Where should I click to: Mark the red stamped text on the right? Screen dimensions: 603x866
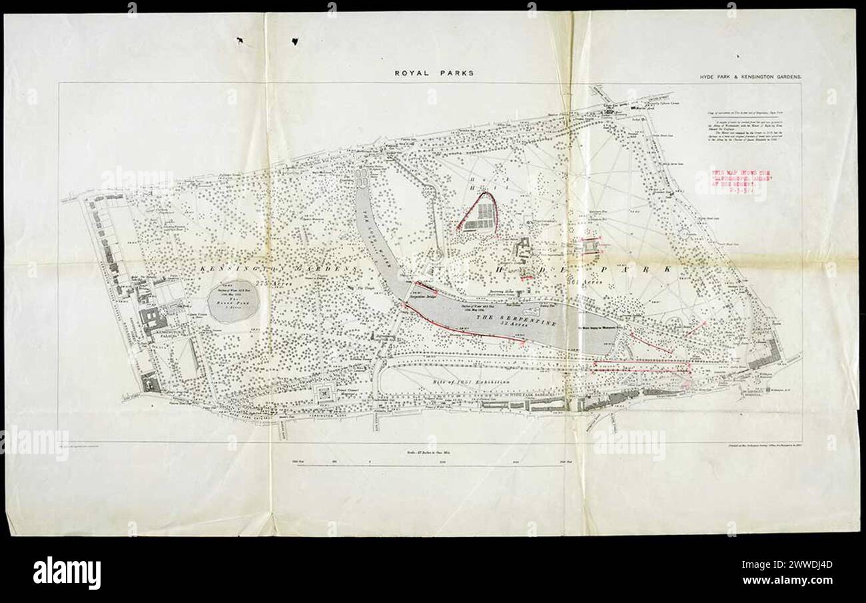[x=731, y=184]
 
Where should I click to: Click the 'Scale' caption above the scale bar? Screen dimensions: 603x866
[x=433, y=452]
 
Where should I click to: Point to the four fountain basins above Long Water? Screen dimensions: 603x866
[x=363, y=176]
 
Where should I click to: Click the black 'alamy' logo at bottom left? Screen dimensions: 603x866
[x=67, y=571]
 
